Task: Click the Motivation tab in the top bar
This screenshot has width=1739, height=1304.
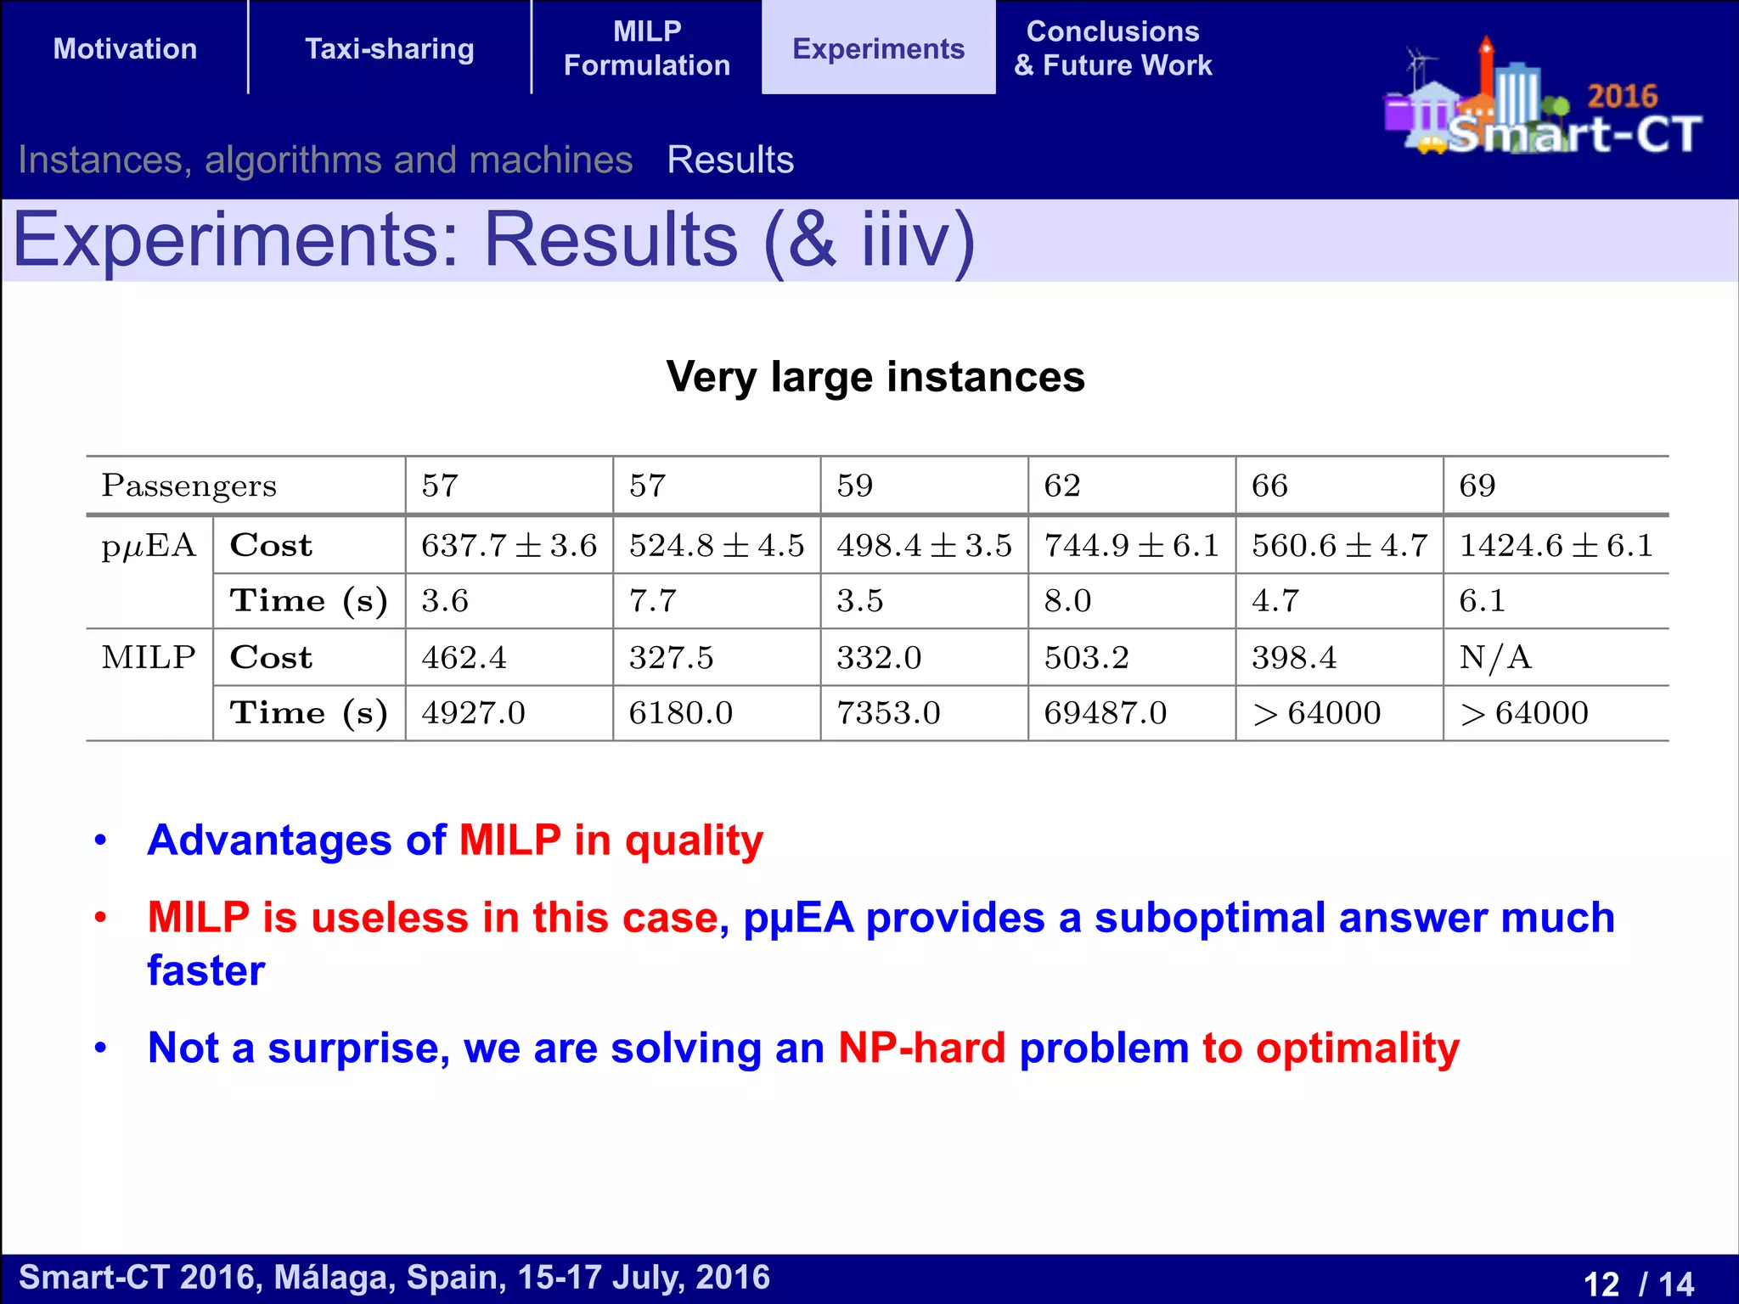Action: [125, 48]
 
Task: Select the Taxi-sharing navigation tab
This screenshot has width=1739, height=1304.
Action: [389, 48]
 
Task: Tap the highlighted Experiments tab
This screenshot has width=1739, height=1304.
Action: [878, 48]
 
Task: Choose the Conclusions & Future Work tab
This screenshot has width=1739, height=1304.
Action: [1112, 48]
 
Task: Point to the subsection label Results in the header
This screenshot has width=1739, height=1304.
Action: [730, 160]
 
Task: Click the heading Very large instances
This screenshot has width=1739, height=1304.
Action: [875, 377]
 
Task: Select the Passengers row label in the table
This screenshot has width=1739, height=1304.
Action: [189, 486]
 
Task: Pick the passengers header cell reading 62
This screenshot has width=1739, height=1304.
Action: [1062, 486]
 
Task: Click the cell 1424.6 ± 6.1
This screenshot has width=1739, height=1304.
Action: [1556, 545]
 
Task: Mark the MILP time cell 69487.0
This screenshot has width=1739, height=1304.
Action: [1105, 712]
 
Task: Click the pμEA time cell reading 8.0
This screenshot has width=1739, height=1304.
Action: [1067, 600]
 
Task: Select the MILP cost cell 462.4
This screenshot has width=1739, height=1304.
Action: [464, 657]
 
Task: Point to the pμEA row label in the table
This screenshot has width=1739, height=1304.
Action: [149, 545]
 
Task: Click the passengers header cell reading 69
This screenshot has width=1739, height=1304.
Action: [1477, 486]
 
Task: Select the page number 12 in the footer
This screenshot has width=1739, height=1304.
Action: [1601, 1283]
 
